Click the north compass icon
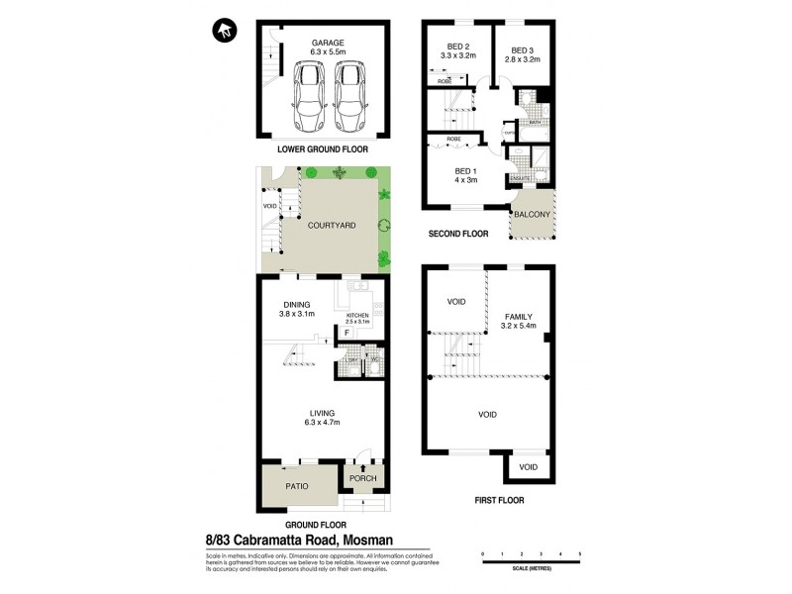click(225, 31)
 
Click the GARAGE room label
click(329, 44)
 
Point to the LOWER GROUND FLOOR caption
click(322, 149)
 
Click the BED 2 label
click(457, 46)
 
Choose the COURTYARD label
click(331, 226)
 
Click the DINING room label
click(297, 305)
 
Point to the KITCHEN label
click(357, 314)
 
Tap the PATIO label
click(298, 486)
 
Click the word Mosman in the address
click(394, 540)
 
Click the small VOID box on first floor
click(529, 466)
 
